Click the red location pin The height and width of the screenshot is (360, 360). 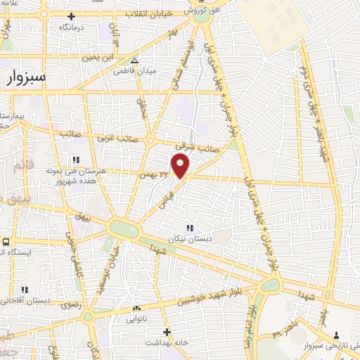[x=181, y=166]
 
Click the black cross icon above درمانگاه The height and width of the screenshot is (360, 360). [x=71, y=15]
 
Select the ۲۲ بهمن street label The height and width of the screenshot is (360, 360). [x=154, y=173]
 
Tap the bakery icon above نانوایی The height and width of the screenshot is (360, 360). [x=136, y=309]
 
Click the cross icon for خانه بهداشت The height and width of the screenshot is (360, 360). [x=167, y=331]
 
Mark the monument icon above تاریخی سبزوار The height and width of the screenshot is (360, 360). [x=337, y=335]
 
